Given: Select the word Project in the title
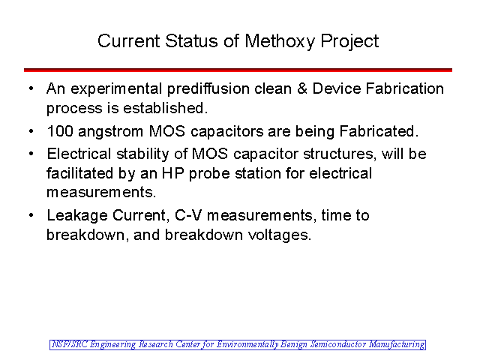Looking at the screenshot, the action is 349,41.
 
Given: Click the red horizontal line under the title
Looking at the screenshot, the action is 238,70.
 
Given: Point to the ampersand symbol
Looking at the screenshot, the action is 301,88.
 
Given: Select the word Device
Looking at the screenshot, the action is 337,88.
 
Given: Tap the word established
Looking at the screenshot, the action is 163,108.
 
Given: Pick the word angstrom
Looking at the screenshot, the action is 110,133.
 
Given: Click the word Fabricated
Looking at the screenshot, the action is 379,131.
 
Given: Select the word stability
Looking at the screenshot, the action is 142,154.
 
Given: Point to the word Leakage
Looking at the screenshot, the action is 77,216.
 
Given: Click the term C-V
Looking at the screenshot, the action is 188,215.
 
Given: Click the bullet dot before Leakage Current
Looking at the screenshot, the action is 31,215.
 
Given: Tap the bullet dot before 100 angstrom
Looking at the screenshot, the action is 31,131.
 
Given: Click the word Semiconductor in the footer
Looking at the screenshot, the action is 338,345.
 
